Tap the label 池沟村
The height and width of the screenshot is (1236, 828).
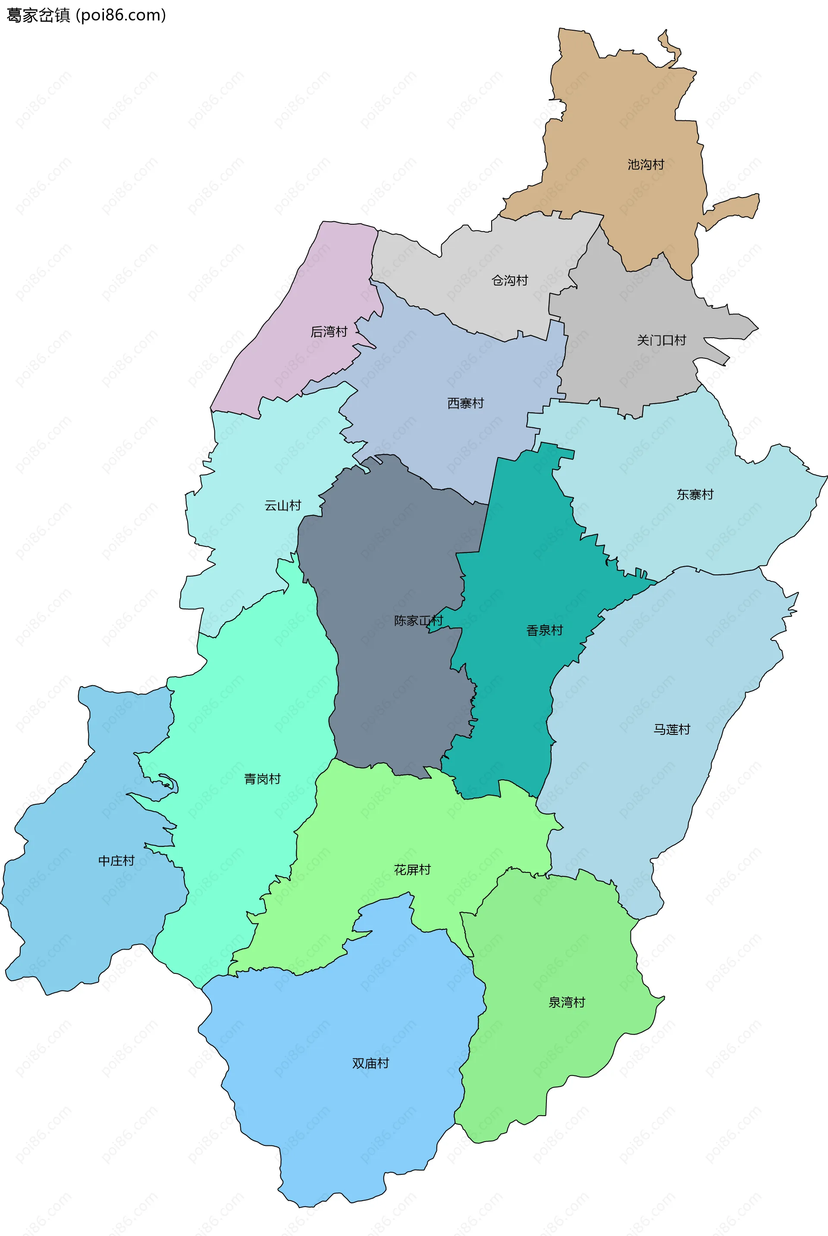[x=645, y=165]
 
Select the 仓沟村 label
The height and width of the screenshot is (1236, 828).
[x=510, y=280]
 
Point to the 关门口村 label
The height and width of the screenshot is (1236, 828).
[x=661, y=340]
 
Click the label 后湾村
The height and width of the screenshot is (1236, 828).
[x=329, y=332]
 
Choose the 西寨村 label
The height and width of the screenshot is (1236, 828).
[x=465, y=403]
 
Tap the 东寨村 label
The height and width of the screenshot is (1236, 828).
[x=695, y=494]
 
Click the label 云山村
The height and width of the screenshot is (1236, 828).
[x=282, y=505]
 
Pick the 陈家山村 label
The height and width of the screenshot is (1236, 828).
[x=418, y=621]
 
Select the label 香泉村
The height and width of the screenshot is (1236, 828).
[x=544, y=630]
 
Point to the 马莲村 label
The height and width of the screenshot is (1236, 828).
[x=672, y=729]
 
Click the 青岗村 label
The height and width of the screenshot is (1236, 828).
[x=262, y=779]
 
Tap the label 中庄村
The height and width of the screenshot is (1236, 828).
[x=116, y=861]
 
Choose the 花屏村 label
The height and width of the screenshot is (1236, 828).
[x=412, y=869]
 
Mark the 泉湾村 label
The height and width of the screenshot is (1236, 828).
[x=567, y=1002]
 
